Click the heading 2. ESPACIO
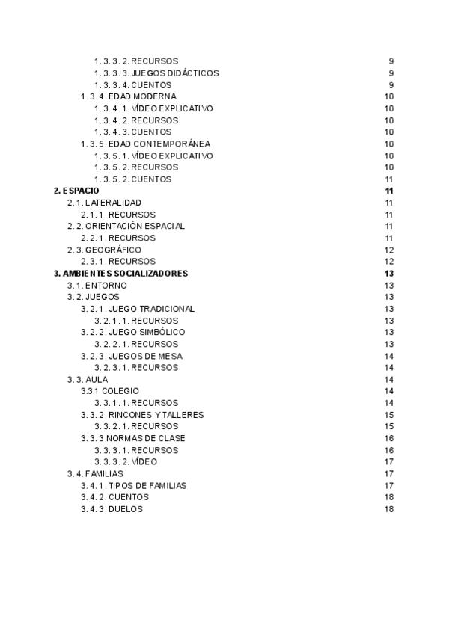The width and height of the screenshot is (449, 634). coord(76,191)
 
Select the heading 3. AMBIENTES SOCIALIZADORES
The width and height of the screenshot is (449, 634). coord(120,274)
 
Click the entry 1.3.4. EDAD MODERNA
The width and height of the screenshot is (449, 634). coord(129,96)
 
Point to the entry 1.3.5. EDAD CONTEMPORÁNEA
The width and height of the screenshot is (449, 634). coord(145,144)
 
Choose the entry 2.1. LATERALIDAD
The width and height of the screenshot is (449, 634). coord(104,203)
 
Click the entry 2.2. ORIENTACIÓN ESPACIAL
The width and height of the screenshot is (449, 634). coord(126,226)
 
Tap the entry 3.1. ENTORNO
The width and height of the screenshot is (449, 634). coord(97,286)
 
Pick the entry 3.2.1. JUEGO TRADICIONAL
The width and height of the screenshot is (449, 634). coord(138,309)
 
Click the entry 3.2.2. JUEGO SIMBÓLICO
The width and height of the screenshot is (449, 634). coord(133,332)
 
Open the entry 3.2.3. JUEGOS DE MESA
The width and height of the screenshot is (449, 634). coord(132,356)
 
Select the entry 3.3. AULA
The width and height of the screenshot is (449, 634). coord(88,380)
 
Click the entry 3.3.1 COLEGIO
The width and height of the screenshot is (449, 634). coord(110,391)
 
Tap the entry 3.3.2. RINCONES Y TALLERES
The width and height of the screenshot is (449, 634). coord(142,415)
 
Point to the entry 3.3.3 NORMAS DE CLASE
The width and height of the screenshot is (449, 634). coord(133,438)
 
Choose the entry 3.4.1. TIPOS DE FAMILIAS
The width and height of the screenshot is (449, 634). coord(134,485)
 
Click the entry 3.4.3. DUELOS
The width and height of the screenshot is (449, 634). coord(112,509)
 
